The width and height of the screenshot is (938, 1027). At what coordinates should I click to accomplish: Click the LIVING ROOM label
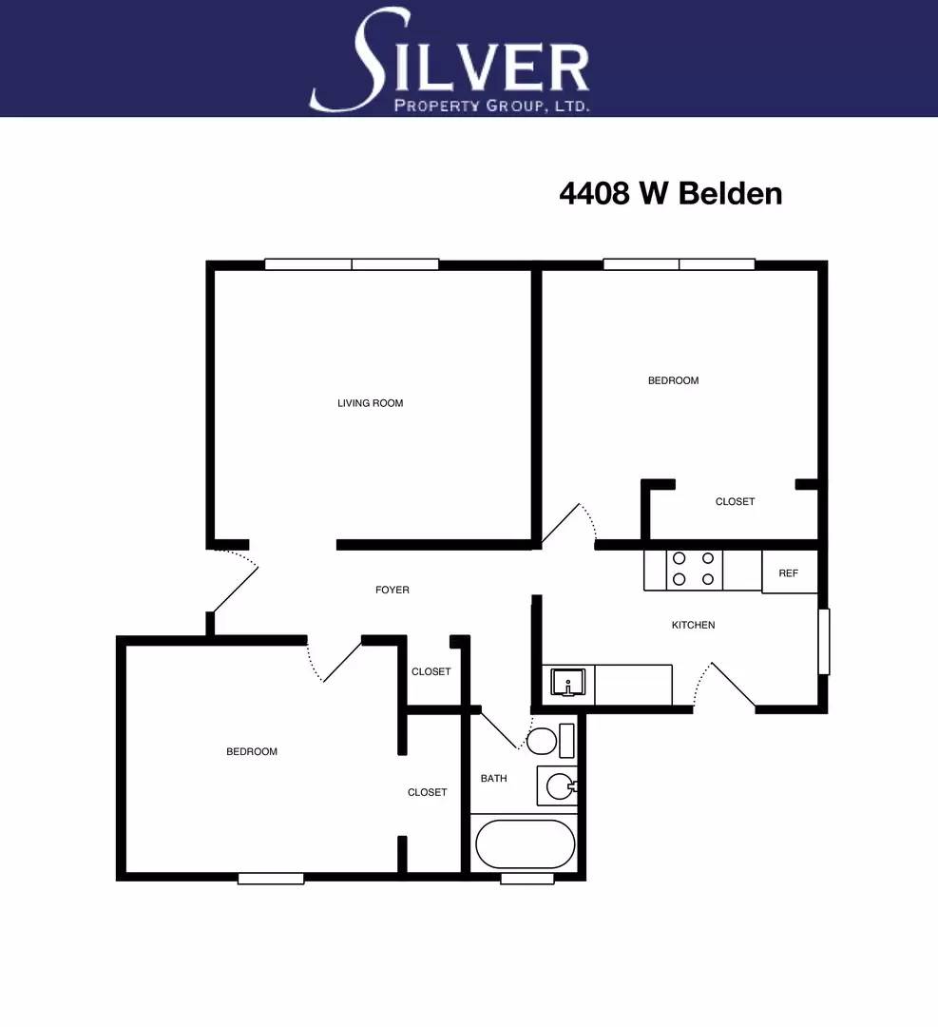point(370,403)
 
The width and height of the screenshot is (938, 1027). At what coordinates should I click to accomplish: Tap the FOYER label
point(392,590)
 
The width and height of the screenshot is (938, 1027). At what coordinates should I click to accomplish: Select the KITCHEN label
point(693,625)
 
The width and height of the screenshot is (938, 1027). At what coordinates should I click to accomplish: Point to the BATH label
point(493,778)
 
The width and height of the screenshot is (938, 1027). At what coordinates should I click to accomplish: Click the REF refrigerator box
point(790,572)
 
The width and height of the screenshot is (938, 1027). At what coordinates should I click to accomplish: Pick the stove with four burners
point(694,570)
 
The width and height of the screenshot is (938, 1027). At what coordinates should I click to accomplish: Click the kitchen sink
point(567,683)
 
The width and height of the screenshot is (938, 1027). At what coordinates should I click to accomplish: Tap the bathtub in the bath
point(525,843)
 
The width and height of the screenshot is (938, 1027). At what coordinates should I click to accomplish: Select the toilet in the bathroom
point(550,740)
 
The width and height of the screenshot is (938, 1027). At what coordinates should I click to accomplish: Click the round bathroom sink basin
point(560,785)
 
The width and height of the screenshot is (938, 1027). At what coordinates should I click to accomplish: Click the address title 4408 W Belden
point(671,193)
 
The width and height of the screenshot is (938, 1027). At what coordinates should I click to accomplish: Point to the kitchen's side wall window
point(824,641)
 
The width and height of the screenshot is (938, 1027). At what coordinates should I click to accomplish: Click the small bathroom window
point(527,879)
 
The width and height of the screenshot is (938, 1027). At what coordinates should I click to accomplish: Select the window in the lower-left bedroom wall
point(270,879)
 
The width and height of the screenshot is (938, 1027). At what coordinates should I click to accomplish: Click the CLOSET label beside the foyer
point(431,671)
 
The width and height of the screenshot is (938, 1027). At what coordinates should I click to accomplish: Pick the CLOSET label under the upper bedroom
point(735,502)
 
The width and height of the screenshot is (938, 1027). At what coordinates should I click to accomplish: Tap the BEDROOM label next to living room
point(673,380)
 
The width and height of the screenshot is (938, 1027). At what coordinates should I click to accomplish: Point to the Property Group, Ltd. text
point(491,106)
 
